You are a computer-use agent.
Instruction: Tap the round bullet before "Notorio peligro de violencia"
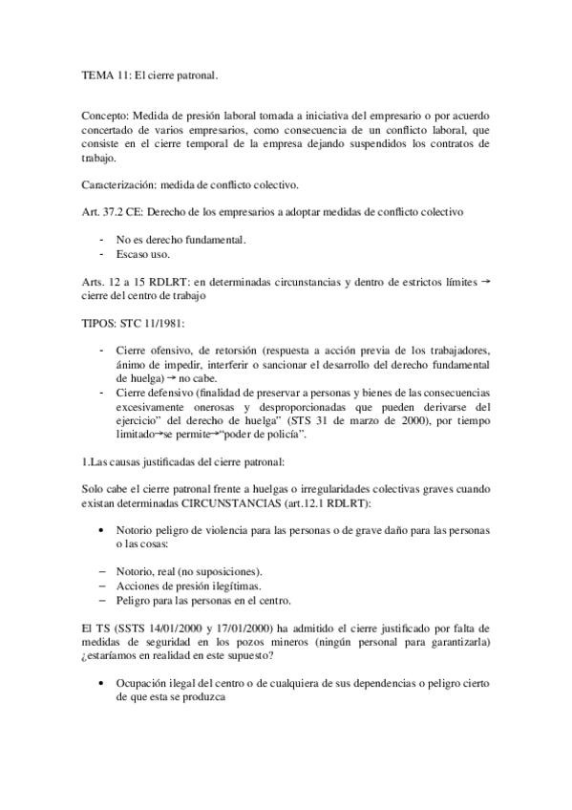click(102, 531)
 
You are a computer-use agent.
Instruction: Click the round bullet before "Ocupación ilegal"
click(102, 683)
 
